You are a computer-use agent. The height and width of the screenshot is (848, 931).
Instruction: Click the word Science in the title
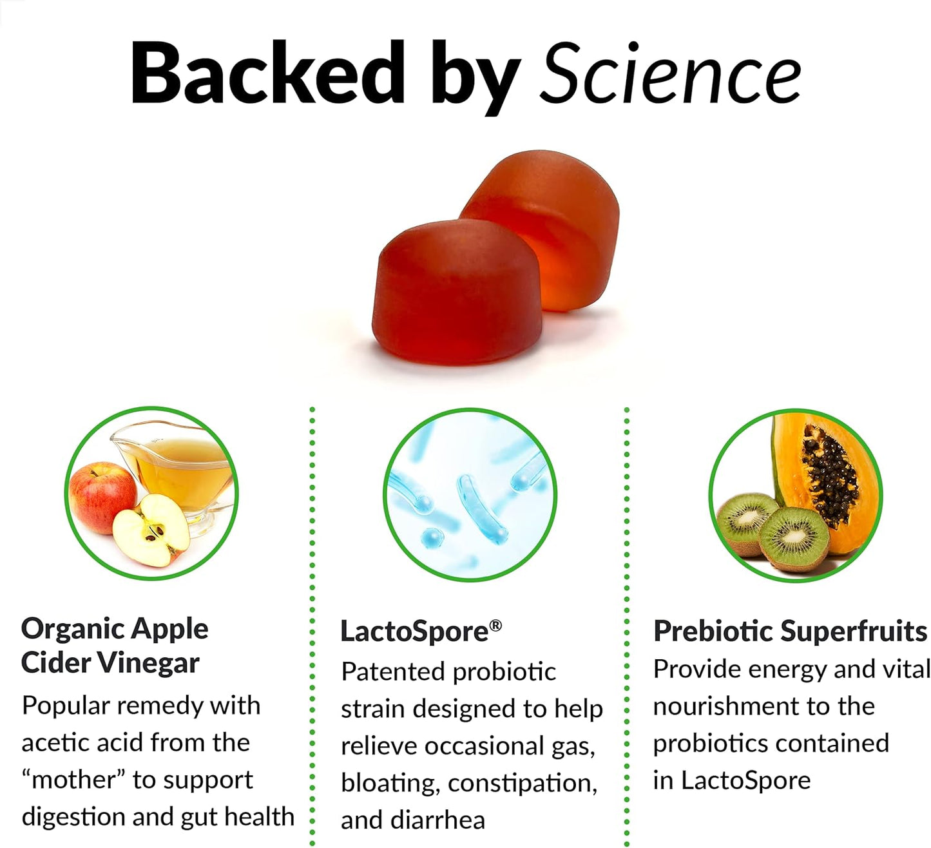(x=670, y=74)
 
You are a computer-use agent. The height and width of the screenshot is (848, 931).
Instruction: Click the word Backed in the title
(x=267, y=74)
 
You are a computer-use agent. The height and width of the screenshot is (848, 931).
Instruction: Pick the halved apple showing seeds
(x=152, y=531)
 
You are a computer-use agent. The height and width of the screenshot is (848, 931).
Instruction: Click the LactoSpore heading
(x=414, y=631)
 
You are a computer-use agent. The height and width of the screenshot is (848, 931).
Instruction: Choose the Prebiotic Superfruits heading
(x=790, y=631)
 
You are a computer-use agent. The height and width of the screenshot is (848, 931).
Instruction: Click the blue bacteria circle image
(x=470, y=495)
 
